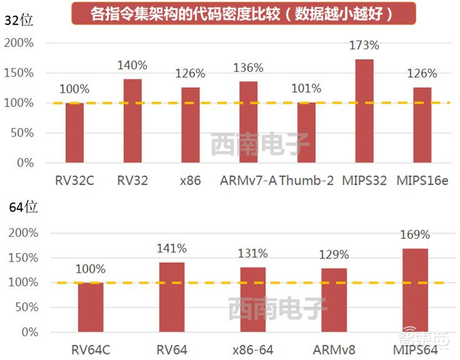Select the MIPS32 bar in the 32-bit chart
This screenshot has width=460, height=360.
pos(365,111)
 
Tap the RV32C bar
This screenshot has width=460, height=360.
pos(74,133)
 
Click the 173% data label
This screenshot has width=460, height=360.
pos(365,44)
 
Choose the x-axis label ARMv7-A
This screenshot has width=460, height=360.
pos(248,181)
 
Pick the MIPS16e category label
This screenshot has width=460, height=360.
pos(423,181)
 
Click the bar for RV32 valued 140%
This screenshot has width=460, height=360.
pos(132,121)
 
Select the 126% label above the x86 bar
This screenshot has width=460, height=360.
pos(190,74)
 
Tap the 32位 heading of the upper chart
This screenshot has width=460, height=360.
pos(19,21)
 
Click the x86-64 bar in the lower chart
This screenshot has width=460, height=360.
pos(253,300)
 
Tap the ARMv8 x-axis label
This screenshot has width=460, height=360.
pos(334,350)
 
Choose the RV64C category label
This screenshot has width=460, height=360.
pos(90,350)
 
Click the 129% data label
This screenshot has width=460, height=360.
pos(334,254)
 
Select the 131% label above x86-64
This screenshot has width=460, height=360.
pos(253,253)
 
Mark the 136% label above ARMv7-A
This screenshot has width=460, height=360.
pos(248,68)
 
